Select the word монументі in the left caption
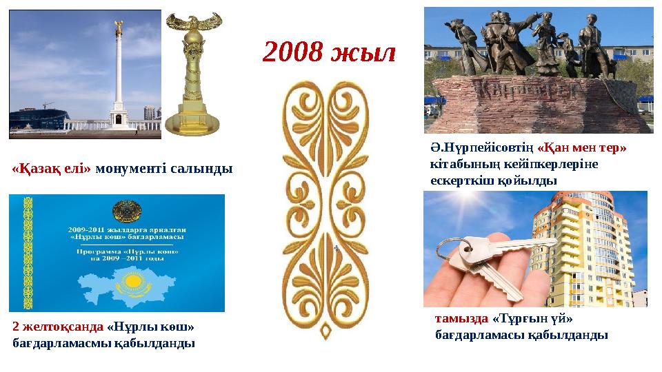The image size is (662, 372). click(130, 168)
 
